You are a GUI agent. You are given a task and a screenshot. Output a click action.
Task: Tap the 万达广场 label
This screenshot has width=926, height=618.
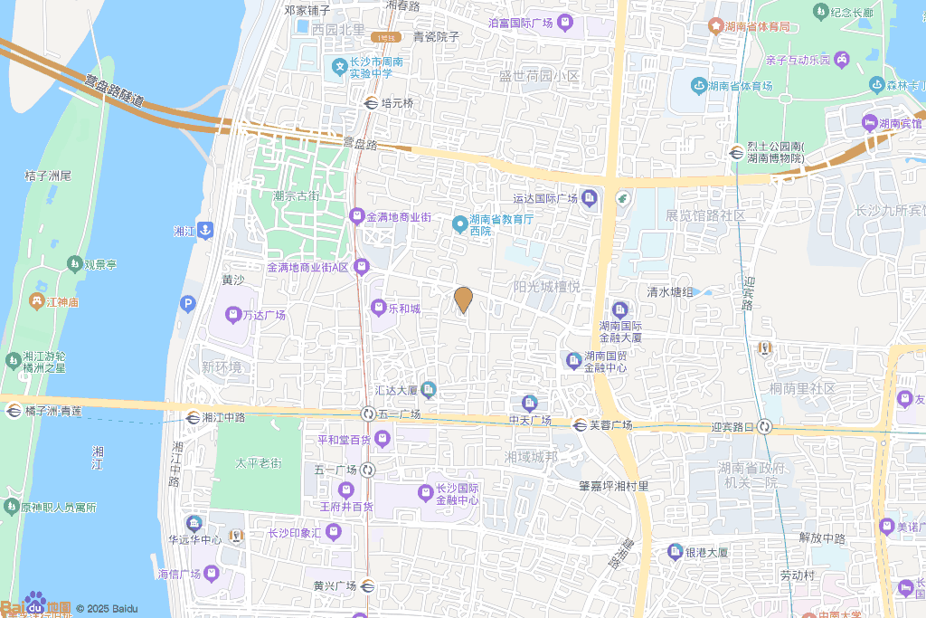[263, 316]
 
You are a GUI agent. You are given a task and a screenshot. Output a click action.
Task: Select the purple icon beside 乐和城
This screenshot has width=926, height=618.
[378, 308]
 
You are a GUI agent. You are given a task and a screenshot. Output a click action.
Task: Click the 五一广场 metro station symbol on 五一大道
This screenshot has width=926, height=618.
[368, 414]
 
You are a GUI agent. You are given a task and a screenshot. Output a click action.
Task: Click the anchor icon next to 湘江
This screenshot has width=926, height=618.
[205, 231]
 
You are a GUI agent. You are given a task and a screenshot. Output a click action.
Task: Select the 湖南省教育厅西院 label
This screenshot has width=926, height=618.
[499, 225]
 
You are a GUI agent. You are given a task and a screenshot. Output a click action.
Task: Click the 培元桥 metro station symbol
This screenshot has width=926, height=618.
[371, 103]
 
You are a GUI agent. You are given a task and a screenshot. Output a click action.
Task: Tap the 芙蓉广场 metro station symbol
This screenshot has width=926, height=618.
[580, 424]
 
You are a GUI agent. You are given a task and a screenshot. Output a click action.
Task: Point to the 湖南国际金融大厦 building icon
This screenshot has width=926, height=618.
[620, 309]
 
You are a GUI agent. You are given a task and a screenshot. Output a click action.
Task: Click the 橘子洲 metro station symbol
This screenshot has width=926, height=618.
[13, 411]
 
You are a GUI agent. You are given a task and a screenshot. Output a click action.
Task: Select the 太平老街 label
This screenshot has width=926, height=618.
[259, 463]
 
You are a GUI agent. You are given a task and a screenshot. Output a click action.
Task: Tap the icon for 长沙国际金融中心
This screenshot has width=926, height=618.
[426, 493]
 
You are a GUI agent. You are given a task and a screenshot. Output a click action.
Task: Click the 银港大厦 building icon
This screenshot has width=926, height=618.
[675, 551]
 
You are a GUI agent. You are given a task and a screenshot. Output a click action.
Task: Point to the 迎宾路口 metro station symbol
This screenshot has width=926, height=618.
[765, 426]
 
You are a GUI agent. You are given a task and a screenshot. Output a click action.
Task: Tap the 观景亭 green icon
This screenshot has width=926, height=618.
[73, 264]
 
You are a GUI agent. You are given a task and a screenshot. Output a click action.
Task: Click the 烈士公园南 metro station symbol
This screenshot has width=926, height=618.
[737, 152]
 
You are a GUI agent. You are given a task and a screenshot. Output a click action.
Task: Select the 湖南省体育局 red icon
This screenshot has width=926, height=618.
[715, 26]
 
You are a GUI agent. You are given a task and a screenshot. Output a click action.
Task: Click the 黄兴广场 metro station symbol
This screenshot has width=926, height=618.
[367, 585]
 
